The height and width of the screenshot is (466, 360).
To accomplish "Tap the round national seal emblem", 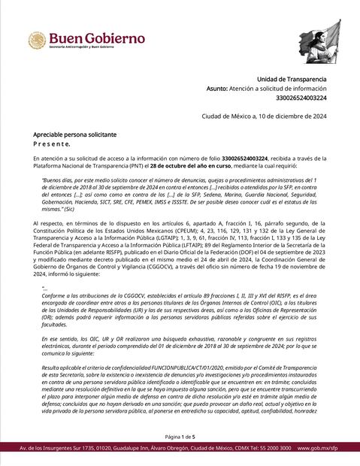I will click(x=37, y=41).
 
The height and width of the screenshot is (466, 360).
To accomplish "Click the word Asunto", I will click(x=216, y=89).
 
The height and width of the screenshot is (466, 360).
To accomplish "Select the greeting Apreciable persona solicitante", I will click(x=74, y=133).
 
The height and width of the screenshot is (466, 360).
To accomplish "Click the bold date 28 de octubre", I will click(x=180, y=167).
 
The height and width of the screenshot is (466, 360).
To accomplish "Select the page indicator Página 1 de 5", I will click(x=180, y=437).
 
